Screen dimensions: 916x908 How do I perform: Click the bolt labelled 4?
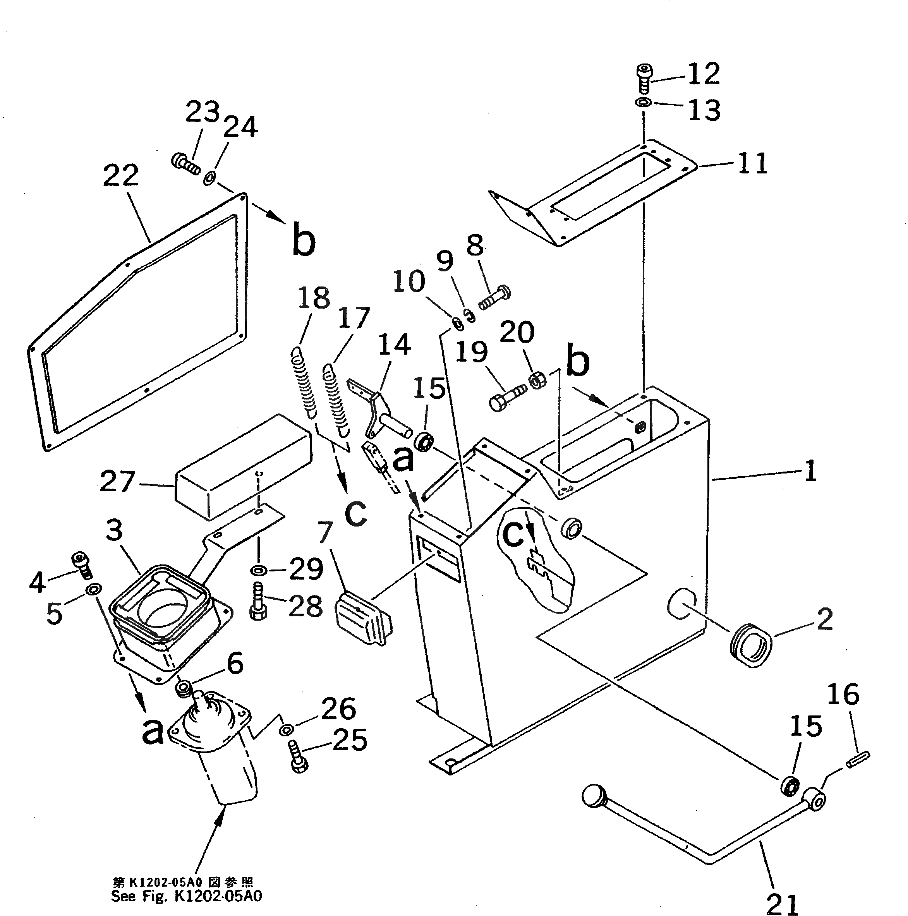point(81,566)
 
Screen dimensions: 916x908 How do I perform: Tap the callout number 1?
point(810,470)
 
